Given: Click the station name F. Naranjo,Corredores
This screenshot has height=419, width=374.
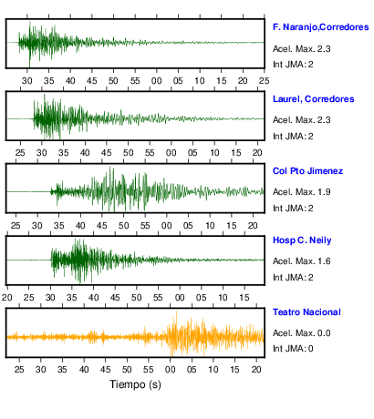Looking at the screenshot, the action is (321, 27).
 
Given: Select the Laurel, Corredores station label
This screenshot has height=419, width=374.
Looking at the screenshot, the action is (314, 99).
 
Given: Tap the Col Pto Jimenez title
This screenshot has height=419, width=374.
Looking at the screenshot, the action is (307, 171).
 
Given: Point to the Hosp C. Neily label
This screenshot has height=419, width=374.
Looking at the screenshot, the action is (302, 240).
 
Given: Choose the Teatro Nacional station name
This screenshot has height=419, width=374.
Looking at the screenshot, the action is (306, 312).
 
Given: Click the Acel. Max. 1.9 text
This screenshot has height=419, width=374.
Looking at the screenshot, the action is (302, 192).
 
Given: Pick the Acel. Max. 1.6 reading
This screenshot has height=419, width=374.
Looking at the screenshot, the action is (302, 261).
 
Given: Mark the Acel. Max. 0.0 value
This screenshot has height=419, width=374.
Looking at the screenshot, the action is (302, 333).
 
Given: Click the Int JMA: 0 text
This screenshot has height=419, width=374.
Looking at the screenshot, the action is (293, 348).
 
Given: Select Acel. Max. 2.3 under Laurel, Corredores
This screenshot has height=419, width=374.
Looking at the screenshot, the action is (302, 120).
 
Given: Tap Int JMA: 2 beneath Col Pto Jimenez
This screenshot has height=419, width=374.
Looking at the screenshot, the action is (293, 209).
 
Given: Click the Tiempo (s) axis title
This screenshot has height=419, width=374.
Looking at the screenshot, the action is (135, 384).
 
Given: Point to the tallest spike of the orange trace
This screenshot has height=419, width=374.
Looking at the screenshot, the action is (176, 312).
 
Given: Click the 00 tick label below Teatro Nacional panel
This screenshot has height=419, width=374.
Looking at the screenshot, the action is (170, 370).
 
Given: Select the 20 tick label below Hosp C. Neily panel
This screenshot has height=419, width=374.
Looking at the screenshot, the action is (7, 298).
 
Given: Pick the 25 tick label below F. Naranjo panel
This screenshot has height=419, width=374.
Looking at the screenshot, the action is (265, 81).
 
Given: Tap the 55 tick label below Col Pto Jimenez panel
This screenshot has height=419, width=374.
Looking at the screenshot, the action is (145, 226).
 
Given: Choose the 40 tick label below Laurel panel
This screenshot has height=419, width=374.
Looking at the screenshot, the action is (85, 153).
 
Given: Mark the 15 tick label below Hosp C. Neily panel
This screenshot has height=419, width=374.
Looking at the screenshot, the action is (244, 298).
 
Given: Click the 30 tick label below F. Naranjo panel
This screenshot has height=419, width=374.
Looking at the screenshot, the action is (27, 81).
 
